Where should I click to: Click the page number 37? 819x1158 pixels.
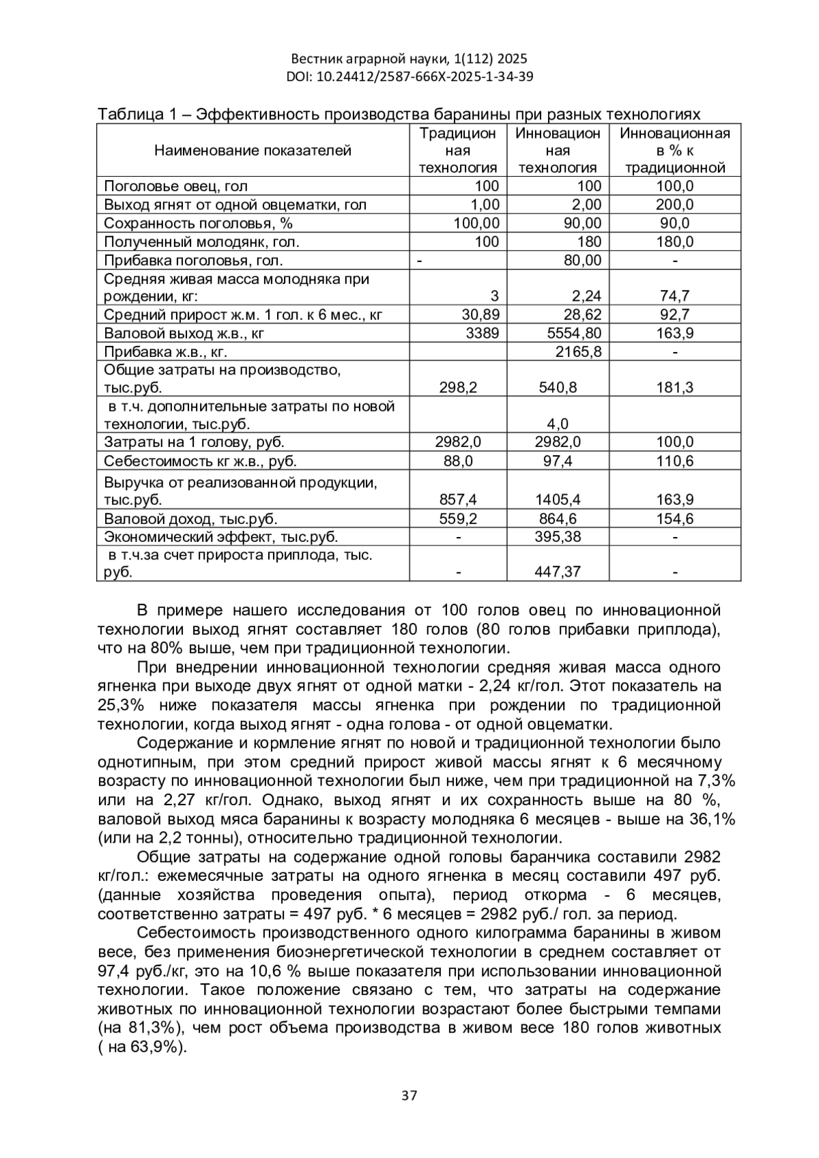click(409, 1096)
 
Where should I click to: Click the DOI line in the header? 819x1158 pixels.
click(409, 76)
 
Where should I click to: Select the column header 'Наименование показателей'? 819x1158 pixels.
click(253, 150)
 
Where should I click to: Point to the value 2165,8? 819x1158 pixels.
click(578, 351)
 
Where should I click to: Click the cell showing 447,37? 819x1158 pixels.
click(558, 571)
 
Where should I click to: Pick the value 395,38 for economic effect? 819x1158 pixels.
click(558, 537)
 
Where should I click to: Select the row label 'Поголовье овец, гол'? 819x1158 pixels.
click(175, 186)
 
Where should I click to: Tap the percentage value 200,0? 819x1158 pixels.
click(674, 205)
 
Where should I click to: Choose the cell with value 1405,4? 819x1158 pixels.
click(558, 500)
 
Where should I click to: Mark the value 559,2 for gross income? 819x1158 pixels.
click(458, 519)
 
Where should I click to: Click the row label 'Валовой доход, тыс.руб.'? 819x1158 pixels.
click(190, 519)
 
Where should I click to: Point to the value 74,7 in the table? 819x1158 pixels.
click(674, 296)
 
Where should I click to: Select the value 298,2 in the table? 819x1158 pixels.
click(458, 388)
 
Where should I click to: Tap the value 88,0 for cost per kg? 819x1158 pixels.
click(458, 461)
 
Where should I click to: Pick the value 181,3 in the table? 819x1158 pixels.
click(674, 388)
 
